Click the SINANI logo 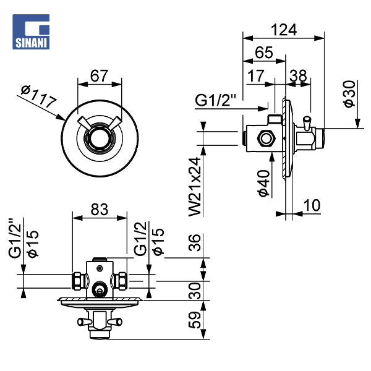[x=31, y=32]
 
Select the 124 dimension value [x=284, y=30]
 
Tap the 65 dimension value [x=264, y=53]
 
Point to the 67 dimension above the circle [x=100, y=75]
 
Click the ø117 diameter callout [x=39, y=96]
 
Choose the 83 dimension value [x=100, y=210]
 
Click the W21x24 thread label [x=195, y=187]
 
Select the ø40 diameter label [x=264, y=183]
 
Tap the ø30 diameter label [x=349, y=94]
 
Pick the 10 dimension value [x=312, y=205]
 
